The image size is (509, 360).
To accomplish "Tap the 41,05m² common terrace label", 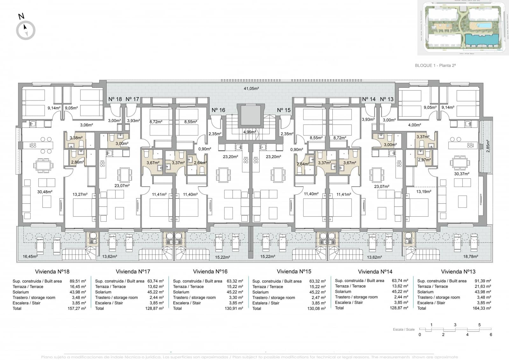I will coord(251,88).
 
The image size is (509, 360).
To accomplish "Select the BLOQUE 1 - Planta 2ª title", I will coord(435,66).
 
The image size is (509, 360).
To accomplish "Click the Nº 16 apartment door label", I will coord(218,110).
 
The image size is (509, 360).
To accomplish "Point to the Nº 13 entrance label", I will coord(387,99).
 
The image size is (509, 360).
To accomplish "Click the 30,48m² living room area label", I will coord(45,192).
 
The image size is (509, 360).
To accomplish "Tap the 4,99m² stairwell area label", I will coord(249,132).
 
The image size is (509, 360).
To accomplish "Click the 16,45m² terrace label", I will coord(30,256).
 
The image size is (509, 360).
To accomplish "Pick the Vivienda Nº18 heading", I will coord(52,272).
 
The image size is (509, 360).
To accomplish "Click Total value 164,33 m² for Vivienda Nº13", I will coord(482,308).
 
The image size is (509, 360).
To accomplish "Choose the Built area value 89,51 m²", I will coord(78,281).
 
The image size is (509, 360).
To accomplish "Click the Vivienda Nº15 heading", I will coord(294,272).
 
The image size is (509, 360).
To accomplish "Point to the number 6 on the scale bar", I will coord(491,335).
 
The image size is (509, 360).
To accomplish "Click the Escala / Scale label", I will coord(403,329).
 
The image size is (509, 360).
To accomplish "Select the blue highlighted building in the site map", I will coord(481,40).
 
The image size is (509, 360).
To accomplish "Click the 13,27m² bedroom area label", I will coord(80,194).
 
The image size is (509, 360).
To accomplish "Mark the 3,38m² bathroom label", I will coord(76,138).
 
